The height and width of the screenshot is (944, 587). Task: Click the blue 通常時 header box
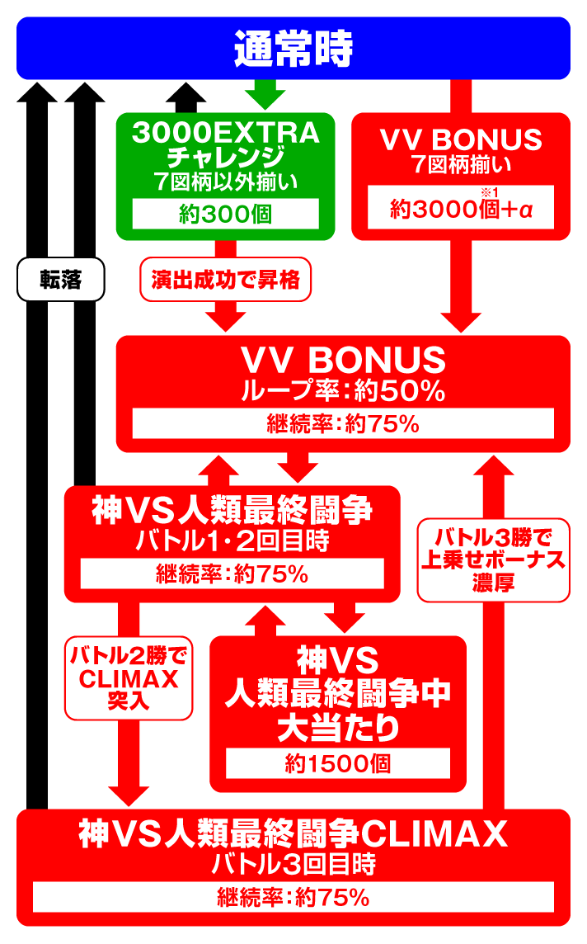[x=293, y=49]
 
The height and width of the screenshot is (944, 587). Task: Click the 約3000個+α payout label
[x=461, y=212]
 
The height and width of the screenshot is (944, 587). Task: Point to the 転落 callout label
[x=61, y=280]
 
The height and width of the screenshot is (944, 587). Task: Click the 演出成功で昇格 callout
[x=225, y=281]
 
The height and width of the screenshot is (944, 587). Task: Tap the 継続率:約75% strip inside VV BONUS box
[x=343, y=425]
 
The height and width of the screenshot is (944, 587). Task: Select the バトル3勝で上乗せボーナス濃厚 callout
[x=494, y=560]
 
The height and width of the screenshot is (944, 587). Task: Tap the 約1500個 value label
[x=338, y=763]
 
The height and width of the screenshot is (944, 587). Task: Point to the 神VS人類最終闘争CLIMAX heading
[x=293, y=835]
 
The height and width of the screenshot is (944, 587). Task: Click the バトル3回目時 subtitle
[x=293, y=865]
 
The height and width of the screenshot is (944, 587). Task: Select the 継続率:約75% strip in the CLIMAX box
[x=293, y=898]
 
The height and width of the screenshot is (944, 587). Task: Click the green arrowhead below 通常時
[x=265, y=97]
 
